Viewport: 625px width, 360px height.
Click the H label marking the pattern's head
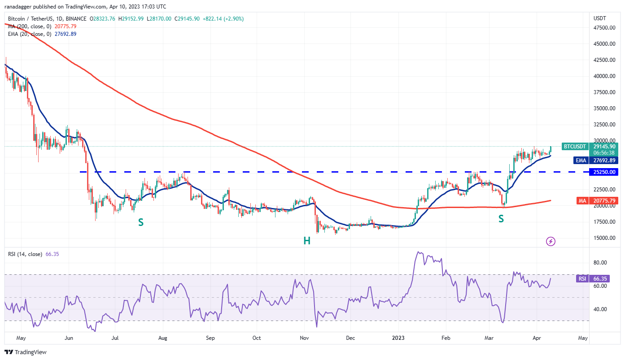pos(306,241)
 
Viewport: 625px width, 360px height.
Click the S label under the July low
pos(140,222)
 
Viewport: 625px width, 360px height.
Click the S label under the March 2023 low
pos(501,219)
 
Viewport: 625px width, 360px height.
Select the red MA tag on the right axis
pos(582,201)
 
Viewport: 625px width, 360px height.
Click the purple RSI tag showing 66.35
pos(582,278)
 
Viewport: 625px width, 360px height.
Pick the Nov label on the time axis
pos(304,338)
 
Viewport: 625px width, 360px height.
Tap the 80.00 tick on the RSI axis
pos(601,263)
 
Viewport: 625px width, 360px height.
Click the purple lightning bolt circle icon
pos(551,242)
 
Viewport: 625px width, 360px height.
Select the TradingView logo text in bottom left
pos(26,352)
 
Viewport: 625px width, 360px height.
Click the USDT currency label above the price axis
pos(599,18)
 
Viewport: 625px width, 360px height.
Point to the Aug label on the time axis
pos(163,338)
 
